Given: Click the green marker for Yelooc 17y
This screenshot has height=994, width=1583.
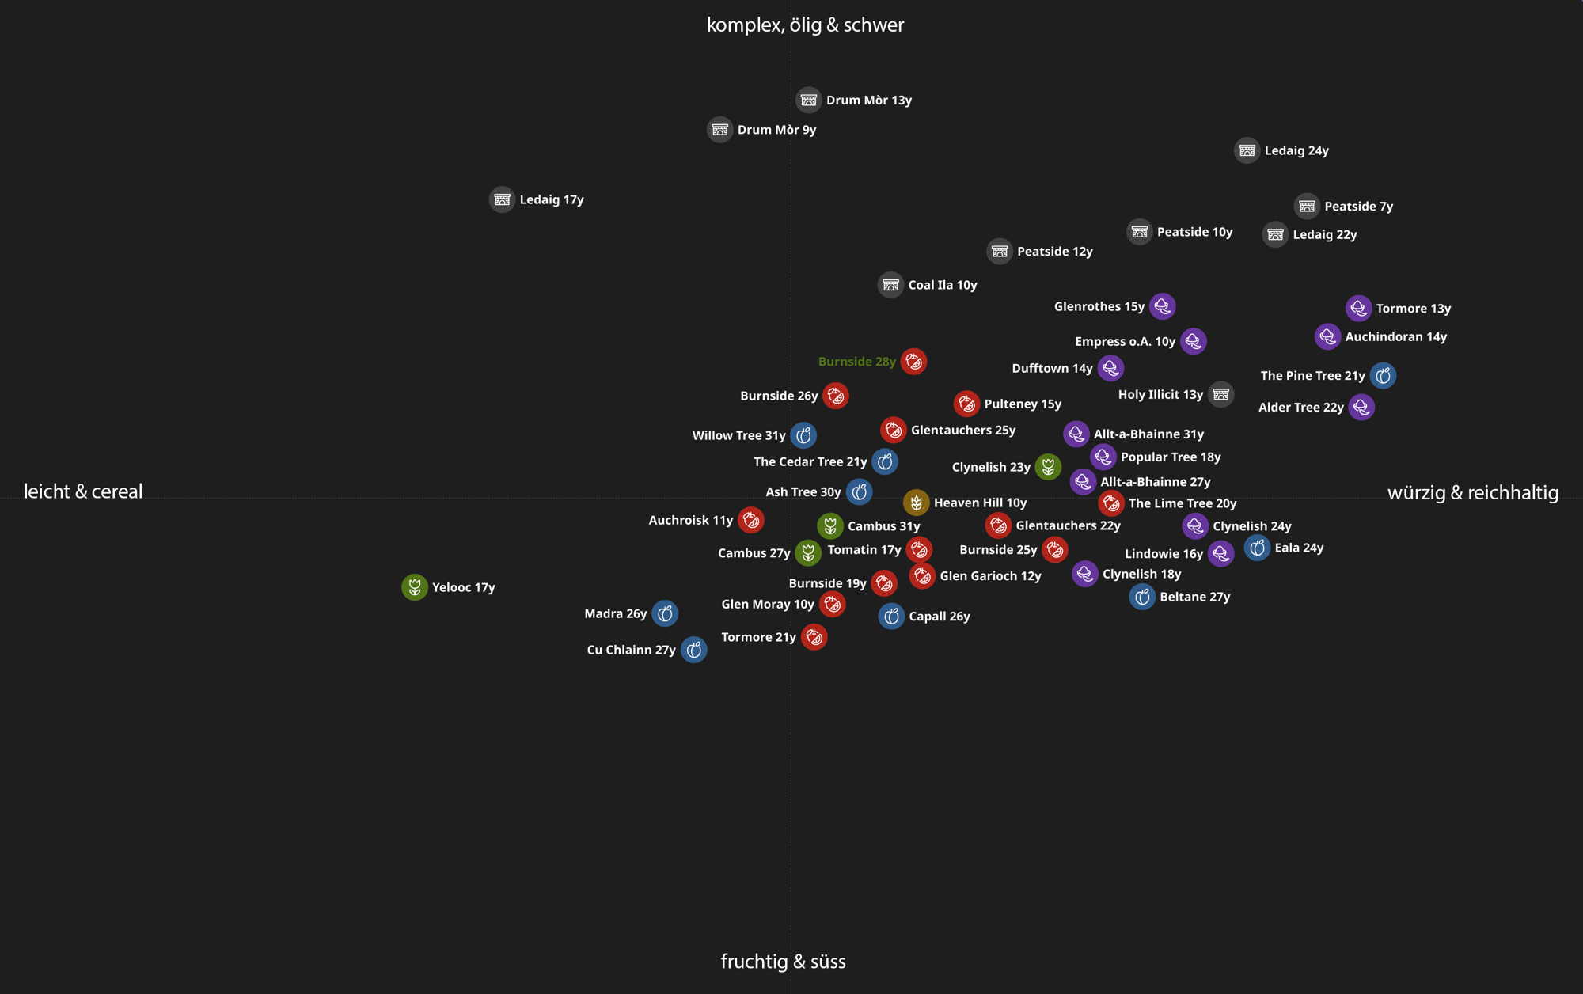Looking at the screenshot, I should coord(414,587).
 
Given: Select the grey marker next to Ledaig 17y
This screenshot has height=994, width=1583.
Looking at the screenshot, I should coord(502,199).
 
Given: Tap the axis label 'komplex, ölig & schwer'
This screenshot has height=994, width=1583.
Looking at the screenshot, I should coord(805,25).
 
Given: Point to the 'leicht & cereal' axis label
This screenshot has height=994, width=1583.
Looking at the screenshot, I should coord(83,491).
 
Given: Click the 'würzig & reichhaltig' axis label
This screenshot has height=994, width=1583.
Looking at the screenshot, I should coord(1472,493).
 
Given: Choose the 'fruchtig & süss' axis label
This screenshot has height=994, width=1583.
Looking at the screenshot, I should coord(783,962).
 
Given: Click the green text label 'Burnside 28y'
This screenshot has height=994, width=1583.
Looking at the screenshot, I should coord(856,362).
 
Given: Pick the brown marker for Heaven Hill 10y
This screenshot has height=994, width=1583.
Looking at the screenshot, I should coord(916,503).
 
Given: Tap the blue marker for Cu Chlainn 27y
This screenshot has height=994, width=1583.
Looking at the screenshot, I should coord(693,650).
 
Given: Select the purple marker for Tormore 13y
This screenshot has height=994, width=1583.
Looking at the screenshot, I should coord(1358,309).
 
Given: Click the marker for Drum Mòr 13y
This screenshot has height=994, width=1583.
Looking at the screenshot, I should coord(808,101).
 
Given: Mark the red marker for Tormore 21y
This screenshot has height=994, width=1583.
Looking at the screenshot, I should coord(814,637).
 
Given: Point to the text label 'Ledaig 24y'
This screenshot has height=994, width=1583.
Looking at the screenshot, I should coord(1296,151).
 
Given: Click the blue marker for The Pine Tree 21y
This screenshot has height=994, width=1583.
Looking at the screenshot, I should coord(1383,376).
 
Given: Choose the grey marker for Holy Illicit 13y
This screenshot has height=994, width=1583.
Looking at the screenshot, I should coord(1220,394).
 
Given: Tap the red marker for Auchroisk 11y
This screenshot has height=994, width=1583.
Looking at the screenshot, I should coord(750,520).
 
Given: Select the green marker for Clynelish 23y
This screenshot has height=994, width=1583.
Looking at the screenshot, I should coord(1048,467).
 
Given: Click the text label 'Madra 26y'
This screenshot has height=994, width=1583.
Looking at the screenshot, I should coord(615,614).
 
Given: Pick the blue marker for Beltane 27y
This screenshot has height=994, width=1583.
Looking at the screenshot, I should coord(1141,597).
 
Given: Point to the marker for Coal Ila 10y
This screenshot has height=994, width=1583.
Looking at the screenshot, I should coord(890,285).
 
